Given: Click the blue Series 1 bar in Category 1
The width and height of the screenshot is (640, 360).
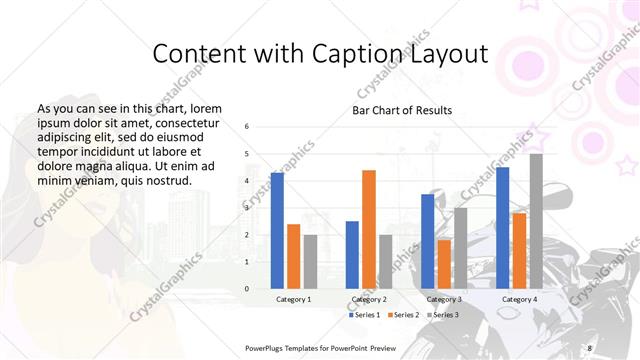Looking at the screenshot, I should pyautogui.click(x=277, y=231).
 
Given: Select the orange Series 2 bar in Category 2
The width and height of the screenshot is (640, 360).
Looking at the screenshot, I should pyautogui.click(x=369, y=229).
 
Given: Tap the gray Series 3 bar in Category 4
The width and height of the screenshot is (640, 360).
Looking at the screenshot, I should pyautogui.click(x=536, y=221).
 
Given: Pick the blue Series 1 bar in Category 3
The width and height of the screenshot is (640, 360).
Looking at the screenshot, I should pyautogui.click(x=428, y=241).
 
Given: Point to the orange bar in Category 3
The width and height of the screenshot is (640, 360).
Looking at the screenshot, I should pyautogui.click(x=444, y=264).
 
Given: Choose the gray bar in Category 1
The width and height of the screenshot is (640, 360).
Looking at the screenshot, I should pyautogui.click(x=310, y=262).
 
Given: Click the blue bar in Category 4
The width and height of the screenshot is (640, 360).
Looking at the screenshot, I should pyautogui.click(x=503, y=228).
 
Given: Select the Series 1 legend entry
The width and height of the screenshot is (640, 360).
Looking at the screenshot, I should pyautogui.click(x=367, y=315).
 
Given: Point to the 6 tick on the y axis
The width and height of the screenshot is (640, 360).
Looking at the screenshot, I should pyautogui.click(x=247, y=127).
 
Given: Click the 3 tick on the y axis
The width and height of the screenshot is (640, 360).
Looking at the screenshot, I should pyautogui.click(x=247, y=208).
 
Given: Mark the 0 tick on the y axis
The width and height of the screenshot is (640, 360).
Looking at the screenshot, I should pyautogui.click(x=247, y=289).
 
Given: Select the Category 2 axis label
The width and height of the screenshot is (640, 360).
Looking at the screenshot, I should pyautogui.click(x=369, y=299).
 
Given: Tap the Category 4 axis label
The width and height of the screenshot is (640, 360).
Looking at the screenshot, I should pyautogui.click(x=519, y=299).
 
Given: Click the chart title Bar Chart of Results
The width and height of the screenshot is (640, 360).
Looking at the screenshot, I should pyautogui.click(x=402, y=110).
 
